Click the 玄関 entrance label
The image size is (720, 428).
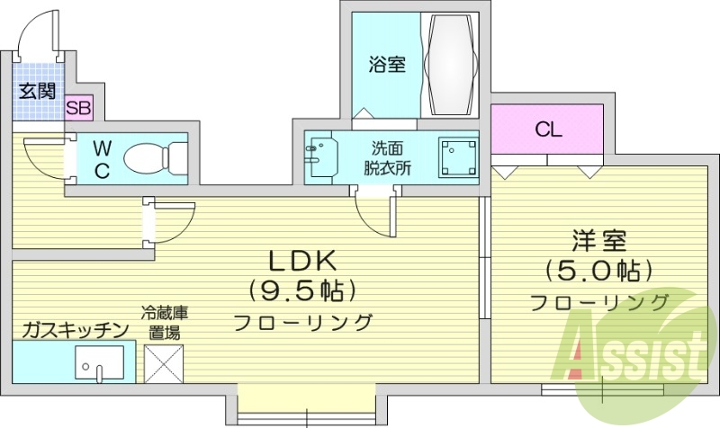[38, 91]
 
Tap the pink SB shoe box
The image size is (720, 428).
[78, 109]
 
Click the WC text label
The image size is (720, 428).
[102, 159]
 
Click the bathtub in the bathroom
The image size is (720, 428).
[452, 64]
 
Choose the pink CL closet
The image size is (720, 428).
[546, 129]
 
